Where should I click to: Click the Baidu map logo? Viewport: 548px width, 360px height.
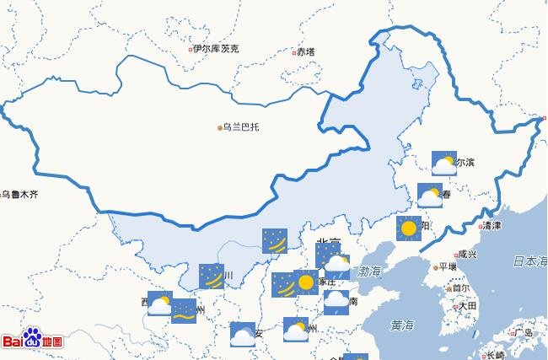(32, 340)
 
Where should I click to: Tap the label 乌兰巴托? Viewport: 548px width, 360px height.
(241, 127)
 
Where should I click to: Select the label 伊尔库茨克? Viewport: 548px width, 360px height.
(216, 49)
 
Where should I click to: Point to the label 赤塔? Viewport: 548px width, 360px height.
(305, 51)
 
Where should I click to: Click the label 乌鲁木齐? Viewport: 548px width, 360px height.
(20, 195)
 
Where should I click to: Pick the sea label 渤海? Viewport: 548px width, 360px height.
(369, 271)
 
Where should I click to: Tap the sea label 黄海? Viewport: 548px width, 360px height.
(402, 325)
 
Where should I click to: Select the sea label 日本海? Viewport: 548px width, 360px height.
(530, 261)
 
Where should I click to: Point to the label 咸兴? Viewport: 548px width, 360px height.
(467, 255)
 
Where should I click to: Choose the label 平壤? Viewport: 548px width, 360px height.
(447, 268)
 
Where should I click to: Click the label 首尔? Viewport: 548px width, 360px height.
(461, 287)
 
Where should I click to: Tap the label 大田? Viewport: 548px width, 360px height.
(468, 305)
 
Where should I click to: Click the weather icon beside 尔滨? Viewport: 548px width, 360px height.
(443, 163)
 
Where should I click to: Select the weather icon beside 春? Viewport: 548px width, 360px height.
(430, 196)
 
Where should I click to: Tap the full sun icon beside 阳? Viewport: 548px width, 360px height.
(409, 228)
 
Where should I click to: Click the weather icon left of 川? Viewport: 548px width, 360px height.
(212, 276)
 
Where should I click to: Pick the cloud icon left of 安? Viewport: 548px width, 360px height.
(242, 334)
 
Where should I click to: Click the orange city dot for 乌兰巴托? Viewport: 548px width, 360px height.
(221, 128)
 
